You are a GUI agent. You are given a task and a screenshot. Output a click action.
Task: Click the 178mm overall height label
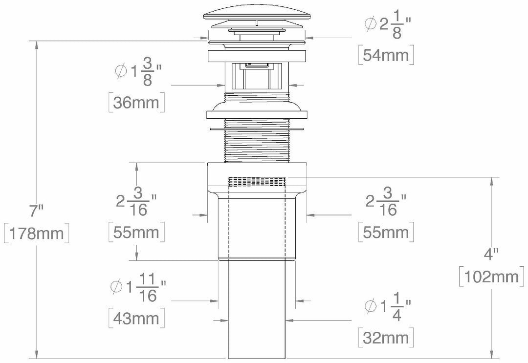click(36, 233)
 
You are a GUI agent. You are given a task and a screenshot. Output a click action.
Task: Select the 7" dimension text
click(36, 212)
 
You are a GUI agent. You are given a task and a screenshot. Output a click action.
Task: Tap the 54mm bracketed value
click(386, 55)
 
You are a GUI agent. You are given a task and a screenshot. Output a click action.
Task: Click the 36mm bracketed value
click(135, 103)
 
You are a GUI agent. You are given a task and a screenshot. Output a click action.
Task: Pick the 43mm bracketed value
click(136, 319)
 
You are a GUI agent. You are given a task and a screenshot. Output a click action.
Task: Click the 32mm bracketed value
click(386, 337)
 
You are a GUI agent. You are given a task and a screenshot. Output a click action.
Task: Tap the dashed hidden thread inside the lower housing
click(256, 182)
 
